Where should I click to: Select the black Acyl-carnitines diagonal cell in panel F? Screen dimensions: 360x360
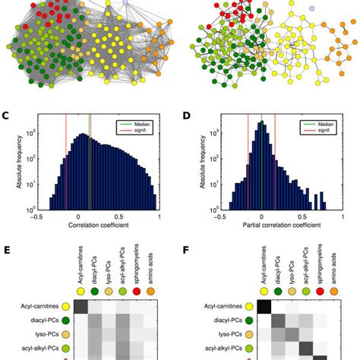(x=267, y=306)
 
